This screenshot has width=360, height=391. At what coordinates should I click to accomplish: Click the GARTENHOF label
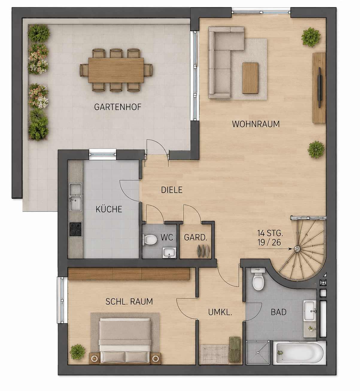click(118, 107)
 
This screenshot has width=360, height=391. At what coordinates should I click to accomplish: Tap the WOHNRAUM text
click(256, 124)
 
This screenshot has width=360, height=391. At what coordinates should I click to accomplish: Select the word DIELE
click(171, 190)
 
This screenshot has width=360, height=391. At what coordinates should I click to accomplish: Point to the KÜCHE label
click(109, 209)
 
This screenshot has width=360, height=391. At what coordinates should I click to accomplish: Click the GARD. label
click(195, 238)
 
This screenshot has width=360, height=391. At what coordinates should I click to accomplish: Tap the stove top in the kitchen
click(75, 229)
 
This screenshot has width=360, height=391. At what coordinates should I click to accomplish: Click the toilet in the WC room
click(150, 240)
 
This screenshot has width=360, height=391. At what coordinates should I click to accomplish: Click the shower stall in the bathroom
click(258, 352)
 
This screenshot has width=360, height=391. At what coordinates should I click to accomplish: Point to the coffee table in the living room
click(250, 78)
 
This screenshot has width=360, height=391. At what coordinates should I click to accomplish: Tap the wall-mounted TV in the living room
click(319, 88)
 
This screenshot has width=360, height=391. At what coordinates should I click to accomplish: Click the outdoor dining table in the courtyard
click(116, 70)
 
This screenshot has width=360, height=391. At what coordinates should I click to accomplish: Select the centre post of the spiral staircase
click(297, 249)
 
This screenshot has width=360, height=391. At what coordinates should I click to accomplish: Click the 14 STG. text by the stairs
click(270, 233)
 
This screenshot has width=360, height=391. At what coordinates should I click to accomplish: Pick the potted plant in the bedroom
click(78, 352)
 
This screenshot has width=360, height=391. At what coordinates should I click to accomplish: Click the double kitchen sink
click(75, 197)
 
